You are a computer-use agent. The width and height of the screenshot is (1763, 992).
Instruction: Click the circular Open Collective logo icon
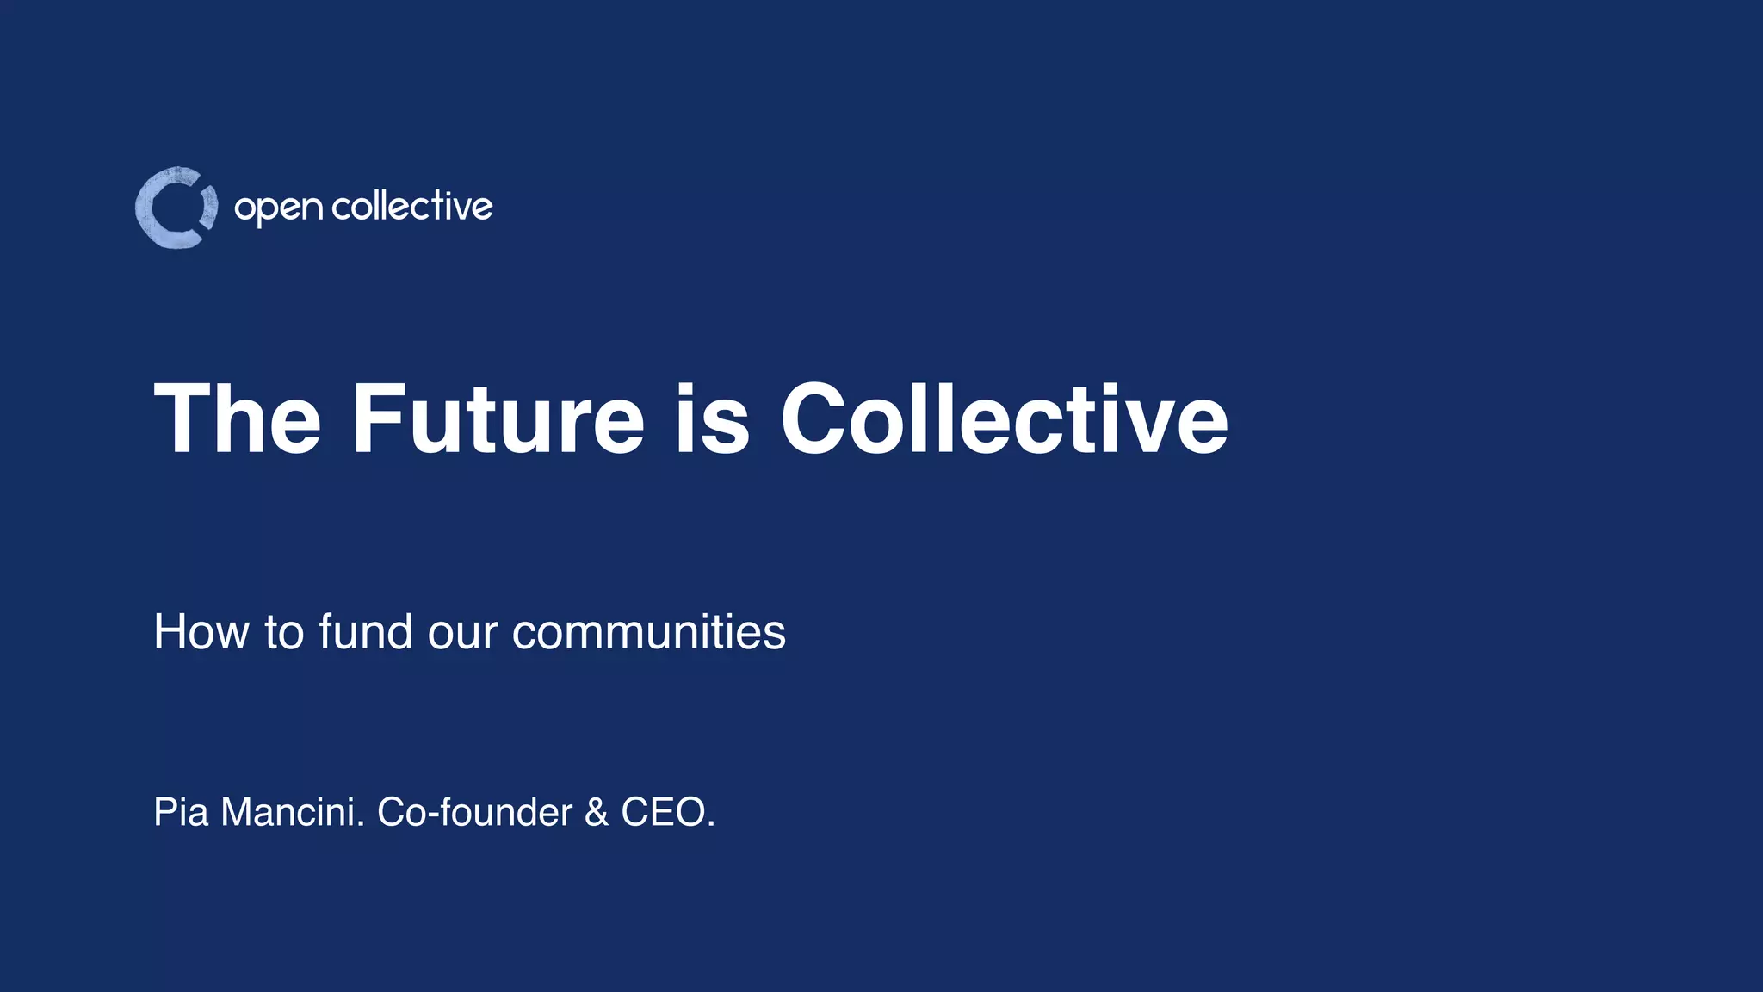tap(176, 208)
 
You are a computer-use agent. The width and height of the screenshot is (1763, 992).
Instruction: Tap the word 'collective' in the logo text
tap(411, 207)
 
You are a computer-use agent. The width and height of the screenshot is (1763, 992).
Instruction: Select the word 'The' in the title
tap(237, 419)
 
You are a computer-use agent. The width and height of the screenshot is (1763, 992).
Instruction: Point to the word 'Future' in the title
tap(498, 419)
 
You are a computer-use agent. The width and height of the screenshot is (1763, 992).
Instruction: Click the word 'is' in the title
tap(712, 419)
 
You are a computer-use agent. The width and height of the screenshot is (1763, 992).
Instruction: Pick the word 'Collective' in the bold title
tap(1004, 419)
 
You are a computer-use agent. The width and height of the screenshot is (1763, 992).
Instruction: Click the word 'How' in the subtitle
tap(201, 632)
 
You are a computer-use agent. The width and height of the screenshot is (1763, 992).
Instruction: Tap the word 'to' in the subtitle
tap(284, 632)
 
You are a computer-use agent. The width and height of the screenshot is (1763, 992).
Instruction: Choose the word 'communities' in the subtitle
tap(648, 632)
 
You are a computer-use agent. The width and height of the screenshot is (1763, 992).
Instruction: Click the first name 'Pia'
tap(181, 812)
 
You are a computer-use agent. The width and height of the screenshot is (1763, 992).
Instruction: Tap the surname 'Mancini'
tap(293, 812)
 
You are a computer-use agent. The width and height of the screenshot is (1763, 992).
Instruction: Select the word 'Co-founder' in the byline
tap(474, 812)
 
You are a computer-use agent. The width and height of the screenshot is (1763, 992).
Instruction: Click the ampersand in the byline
tap(596, 812)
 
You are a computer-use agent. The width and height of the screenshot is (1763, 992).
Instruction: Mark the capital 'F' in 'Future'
tap(377, 419)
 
